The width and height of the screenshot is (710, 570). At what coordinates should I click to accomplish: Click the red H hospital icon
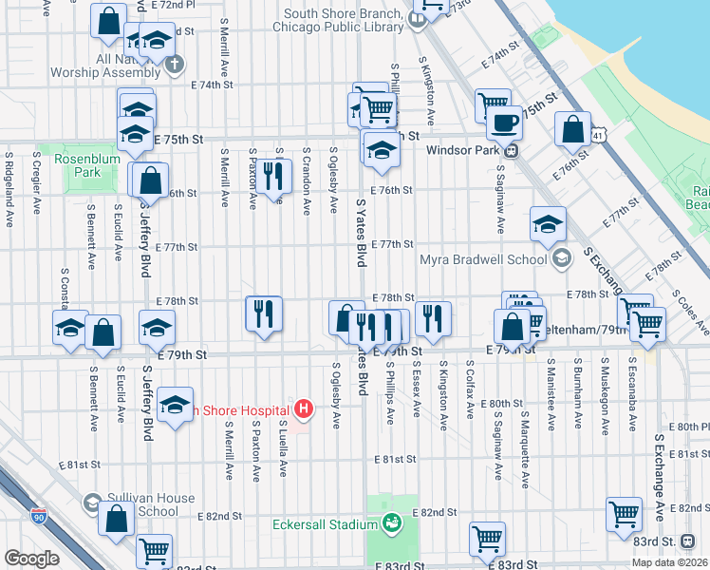(304, 409)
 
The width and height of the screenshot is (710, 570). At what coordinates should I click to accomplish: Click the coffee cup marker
(504, 123)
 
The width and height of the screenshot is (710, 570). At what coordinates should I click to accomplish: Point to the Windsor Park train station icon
(511, 150)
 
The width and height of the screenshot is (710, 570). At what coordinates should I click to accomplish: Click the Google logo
(32, 558)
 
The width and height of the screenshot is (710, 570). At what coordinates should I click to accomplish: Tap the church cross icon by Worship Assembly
(174, 65)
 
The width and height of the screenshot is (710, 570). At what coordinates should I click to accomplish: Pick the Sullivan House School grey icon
(92, 500)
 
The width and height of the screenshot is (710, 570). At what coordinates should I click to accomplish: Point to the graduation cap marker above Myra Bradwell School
(548, 223)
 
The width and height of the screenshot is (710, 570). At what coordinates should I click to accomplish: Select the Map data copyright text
(670, 562)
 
